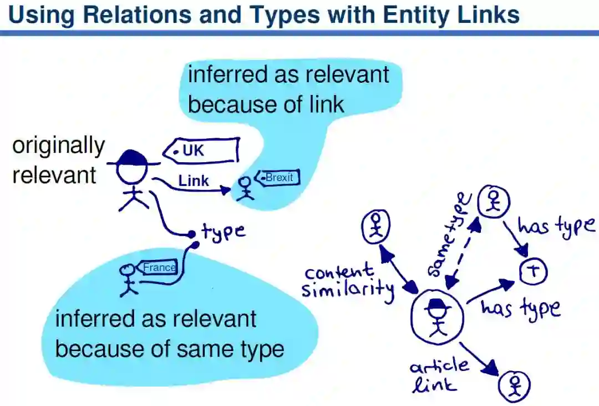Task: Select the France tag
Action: click(159, 268)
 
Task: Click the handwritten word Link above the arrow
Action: click(194, 181)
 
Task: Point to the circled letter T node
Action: click(534, 272)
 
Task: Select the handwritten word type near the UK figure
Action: click(223, 230)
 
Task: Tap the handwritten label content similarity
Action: click(348, 281)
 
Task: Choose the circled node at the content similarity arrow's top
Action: click(376, 227)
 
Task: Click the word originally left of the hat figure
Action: click(58, 146)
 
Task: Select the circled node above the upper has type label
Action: click(492, 201)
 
